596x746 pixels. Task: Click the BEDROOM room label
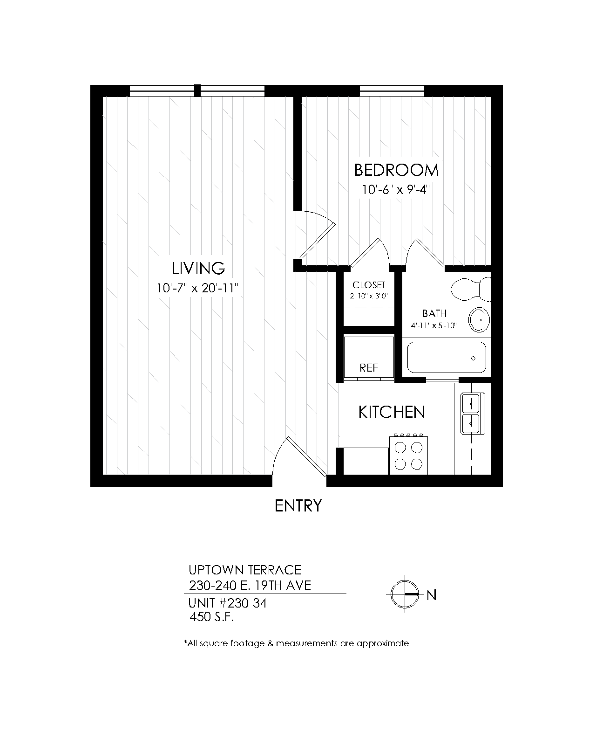tap(396, 170)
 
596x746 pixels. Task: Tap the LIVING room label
tap(198, 268)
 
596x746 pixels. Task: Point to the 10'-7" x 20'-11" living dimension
tap(198, 288)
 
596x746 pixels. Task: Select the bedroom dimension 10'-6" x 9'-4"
tap(396, 190)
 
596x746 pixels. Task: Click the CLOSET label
tap(369, 285)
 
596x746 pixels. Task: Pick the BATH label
tap(434, 313)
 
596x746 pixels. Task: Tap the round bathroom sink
tap(479, 320)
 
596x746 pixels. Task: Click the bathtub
tap(447, 358)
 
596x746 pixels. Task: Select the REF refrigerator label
tap(368, 368)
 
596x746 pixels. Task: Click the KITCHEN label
tap(391, 412)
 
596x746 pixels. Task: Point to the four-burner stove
tap(408, 455)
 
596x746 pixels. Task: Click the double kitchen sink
tap(473, 414)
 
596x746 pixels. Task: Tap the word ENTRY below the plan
tap(298, 506)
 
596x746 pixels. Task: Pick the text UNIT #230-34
tap(228, 603)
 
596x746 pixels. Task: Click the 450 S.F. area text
tap(211, 617)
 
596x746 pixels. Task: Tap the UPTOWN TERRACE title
tap(245, 570)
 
